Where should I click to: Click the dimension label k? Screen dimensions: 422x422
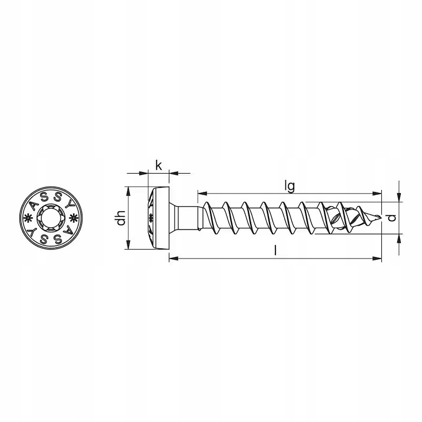(x=159, y=166)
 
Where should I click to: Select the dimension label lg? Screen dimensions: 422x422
(x=290, y=186)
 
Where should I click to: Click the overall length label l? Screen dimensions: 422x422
(x=275, y=251)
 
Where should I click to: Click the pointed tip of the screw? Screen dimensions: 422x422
(x=380, y=217)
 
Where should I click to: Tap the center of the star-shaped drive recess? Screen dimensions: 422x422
(x=50, y=217)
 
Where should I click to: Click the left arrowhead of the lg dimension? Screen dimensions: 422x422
(x=202, y=194)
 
